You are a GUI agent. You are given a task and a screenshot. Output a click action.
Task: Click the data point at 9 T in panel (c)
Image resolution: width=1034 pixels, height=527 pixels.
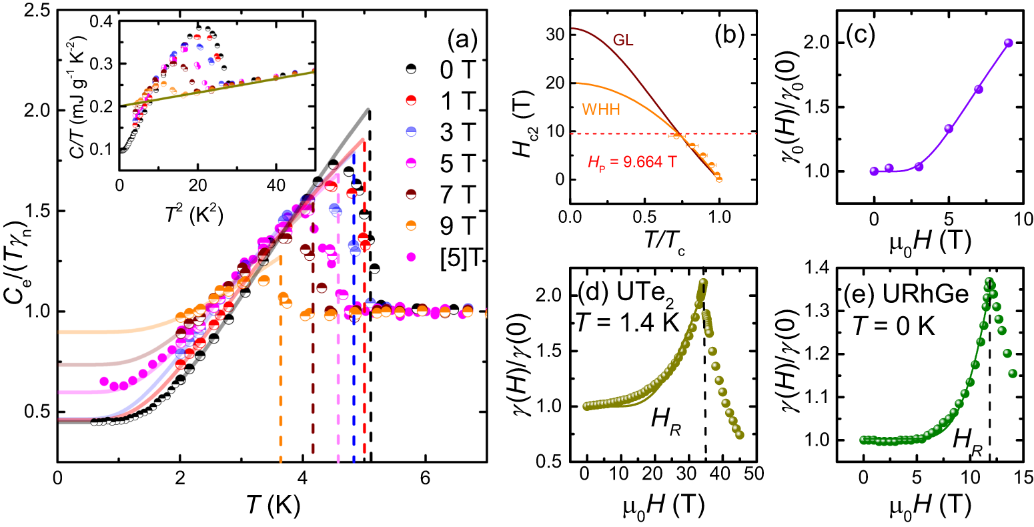pyautogui.click(x=1008, y=43)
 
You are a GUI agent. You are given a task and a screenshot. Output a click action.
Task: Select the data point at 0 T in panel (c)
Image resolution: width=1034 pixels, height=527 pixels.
pyautogui.click(x=874, y=171)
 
